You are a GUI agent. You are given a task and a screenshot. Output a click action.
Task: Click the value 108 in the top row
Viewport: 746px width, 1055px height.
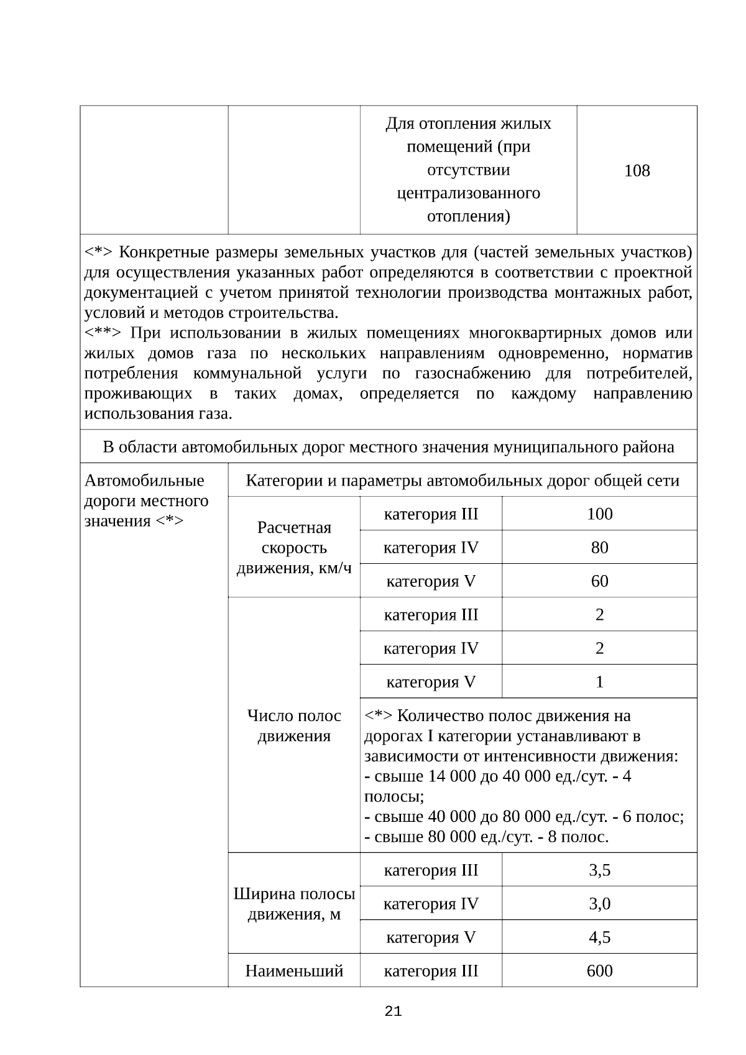pos(637,170)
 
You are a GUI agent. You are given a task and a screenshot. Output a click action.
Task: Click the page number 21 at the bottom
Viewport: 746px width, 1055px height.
pos(393,1011)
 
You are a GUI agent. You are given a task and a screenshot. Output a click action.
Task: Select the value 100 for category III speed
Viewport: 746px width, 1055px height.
pos(599,514)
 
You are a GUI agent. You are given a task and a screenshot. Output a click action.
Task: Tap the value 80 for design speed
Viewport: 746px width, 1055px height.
pos(599,547)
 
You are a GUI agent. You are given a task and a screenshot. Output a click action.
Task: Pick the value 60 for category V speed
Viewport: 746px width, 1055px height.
pos(599,581)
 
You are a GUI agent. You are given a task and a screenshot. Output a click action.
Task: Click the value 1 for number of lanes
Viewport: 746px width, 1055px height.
pos(599,681)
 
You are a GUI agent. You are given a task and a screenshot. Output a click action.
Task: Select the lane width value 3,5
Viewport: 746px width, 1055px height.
pos(599,870)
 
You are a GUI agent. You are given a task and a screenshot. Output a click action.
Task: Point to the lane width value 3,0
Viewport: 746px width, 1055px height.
pos(599,903)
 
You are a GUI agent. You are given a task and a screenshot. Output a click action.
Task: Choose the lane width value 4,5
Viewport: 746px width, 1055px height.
pos(599,937)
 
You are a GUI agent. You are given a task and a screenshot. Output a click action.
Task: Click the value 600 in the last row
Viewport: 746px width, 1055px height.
pos(599,970)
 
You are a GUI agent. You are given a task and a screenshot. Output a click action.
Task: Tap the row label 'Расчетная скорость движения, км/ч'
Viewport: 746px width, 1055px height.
pos(294,548)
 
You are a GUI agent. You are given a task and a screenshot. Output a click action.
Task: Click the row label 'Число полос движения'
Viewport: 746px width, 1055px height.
pos(294,726)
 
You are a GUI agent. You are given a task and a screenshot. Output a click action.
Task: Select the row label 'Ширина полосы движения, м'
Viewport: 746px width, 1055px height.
pos(294,904)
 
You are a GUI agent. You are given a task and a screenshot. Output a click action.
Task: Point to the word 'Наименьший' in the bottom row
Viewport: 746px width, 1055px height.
pos(294,970)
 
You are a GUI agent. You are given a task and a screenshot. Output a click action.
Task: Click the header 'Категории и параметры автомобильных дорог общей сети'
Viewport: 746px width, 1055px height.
pos(463,480)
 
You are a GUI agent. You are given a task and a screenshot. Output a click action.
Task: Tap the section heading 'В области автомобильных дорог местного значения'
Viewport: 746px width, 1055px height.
pos(388,447)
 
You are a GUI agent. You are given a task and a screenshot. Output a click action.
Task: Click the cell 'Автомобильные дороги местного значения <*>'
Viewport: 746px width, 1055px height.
pos(146,500)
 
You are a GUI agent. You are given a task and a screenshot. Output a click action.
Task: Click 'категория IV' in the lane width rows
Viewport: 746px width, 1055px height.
pos(431,903)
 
